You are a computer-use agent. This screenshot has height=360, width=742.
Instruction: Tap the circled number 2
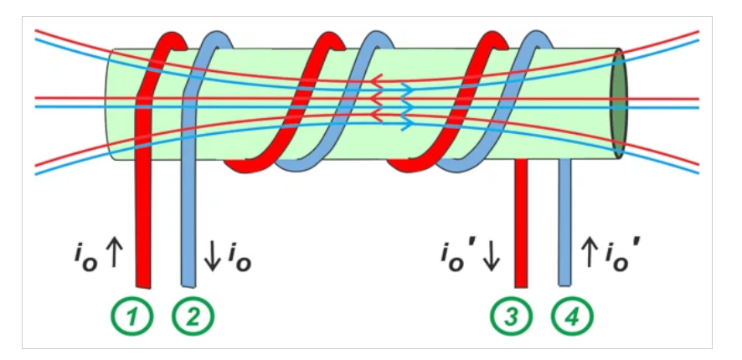pos(193,316)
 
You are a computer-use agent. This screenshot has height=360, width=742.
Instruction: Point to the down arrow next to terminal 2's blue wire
pos(212,258)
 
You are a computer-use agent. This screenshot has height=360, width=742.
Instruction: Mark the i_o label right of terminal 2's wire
pos(237,259)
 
